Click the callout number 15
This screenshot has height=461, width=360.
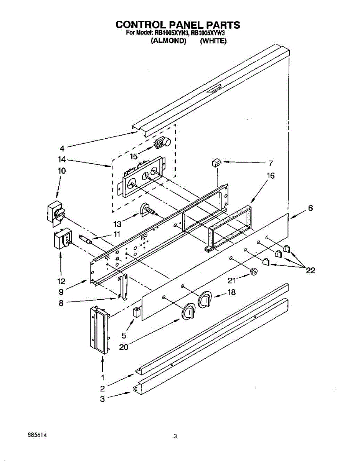[133, 156]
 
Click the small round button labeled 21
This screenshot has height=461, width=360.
[253, 272]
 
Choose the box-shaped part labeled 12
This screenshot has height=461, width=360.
[61, 239]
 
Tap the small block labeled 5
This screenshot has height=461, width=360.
[136, 312]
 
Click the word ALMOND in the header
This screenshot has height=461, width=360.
[169, 41]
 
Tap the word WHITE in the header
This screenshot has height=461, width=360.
[213, 41]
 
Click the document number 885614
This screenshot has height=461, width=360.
[38, 435]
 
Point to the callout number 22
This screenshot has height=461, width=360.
[310, 270]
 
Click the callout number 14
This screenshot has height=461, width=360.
[62, 159]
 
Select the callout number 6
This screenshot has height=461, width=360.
[310, 208]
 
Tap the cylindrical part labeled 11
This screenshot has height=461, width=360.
[86, 240]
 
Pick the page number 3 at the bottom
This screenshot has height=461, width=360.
[175, 436]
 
